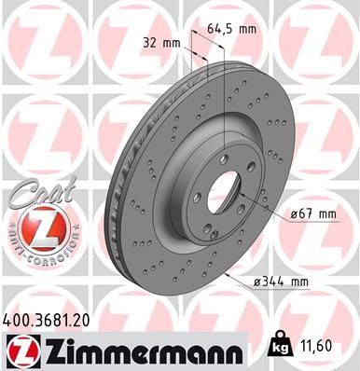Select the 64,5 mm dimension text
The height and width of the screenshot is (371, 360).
(x=232, y=28)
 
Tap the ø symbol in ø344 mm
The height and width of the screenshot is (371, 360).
(x=257, y=281)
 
